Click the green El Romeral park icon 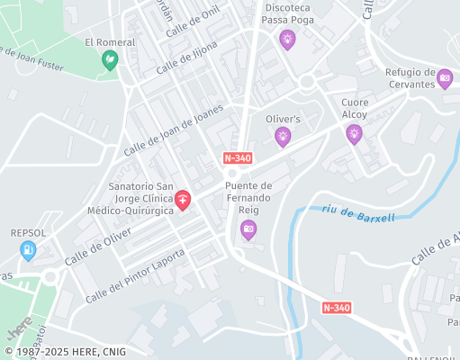click(110, 60)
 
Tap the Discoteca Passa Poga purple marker click(287, 39)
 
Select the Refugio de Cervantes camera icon click(445, 79)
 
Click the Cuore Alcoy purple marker click(354, 133)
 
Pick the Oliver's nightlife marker click(283, 136)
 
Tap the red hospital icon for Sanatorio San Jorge click(183, 199)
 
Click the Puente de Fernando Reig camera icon click(248, 230)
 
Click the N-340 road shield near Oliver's click(237, 157)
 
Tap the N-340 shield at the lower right click(336, 308)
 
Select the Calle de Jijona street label click(186, 57)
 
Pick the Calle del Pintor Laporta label click(135, 274)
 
